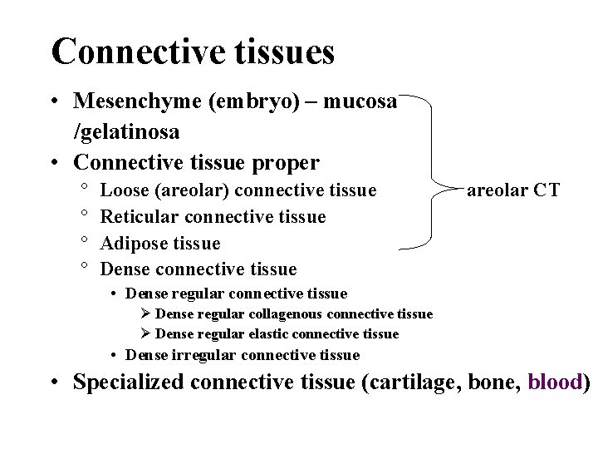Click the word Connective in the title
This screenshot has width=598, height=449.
pos(138,52)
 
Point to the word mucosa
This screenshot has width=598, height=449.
pos(360,101)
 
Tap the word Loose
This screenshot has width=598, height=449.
pos(123,190)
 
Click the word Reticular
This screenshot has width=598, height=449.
pos(138,217)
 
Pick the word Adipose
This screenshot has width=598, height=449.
pos(133,244)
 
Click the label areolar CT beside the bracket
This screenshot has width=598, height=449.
pos(513,190)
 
